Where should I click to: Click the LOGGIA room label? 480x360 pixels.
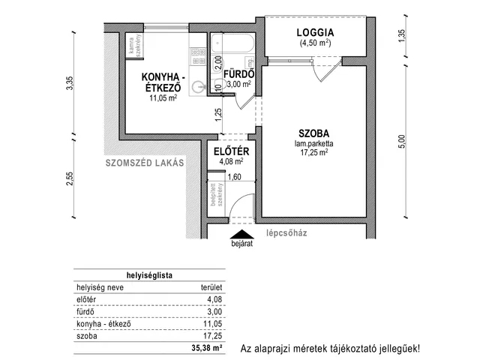314,32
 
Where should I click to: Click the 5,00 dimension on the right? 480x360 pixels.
401,140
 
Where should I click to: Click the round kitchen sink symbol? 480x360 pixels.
199,87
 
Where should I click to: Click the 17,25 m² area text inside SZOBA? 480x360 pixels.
316,152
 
